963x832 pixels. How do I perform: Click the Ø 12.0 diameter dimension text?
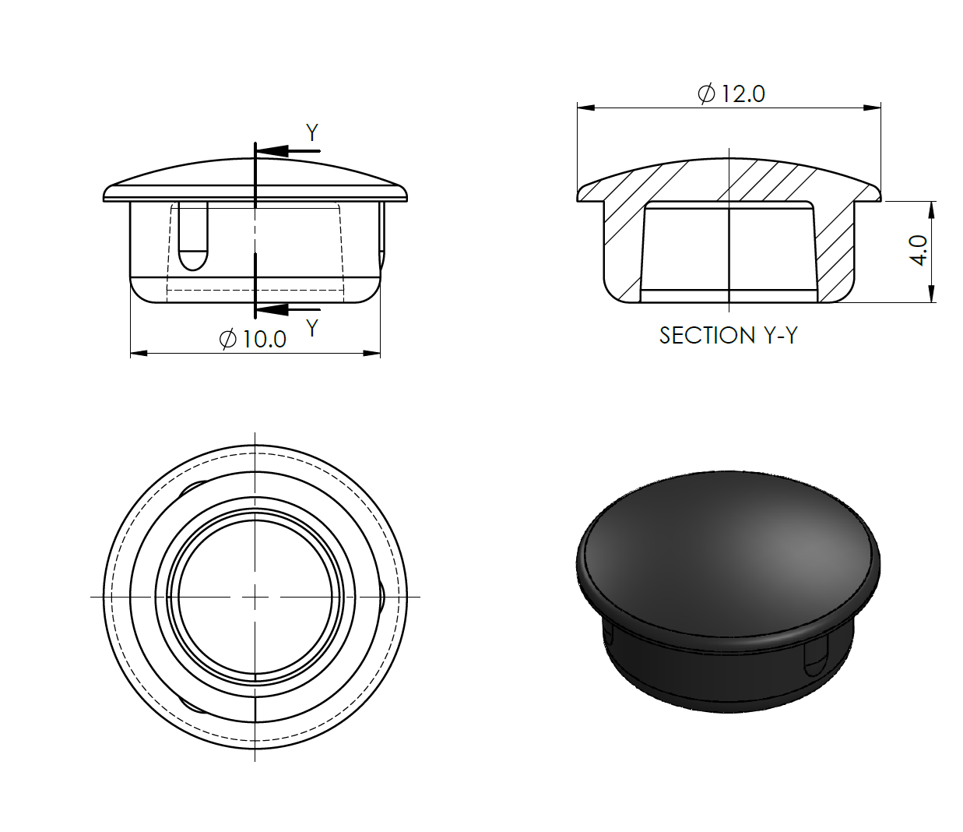[731, 93]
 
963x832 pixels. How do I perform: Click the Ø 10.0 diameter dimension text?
[253, 339]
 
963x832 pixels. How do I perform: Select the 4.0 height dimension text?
[919, 251]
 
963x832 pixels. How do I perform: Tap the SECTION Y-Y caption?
[728, 335]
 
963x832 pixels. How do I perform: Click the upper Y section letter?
[312, 133]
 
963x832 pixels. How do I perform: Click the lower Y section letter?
[312, 328]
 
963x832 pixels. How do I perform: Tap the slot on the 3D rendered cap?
[815, 658]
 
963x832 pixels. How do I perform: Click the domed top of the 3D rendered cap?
[728, 545]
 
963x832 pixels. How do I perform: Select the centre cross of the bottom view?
[255, 597]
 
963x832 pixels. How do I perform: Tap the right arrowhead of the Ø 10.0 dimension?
[372, 354]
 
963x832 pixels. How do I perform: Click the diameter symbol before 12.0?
[706, 94]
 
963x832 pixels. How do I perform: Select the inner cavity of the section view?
[728, 249]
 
